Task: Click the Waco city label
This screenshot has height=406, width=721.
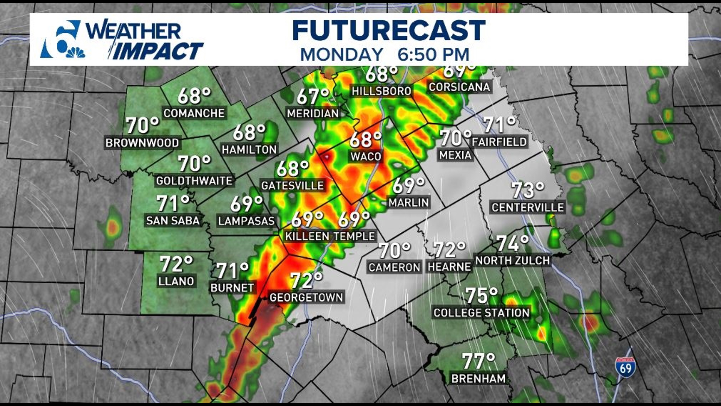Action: [x=366, y=156]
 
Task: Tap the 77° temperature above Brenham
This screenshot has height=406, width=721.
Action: [x=478, y=361]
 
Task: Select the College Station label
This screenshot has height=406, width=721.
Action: [x=481, y=313]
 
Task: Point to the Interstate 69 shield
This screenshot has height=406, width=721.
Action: [x=625, y=367]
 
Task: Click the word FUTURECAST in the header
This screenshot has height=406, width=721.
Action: [x=389, y=30]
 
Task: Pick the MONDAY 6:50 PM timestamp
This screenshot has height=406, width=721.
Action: [x=385, y=55]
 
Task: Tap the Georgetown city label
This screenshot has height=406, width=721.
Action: [x=306, y=297]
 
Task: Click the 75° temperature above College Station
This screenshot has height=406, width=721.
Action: [x=481, y=296]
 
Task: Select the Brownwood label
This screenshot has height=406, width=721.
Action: [x=142, y=143]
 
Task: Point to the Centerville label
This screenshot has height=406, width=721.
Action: [x=528, y=208]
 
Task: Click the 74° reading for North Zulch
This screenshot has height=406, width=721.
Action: [x=512, y=243]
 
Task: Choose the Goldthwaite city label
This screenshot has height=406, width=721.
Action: [x=194, y=181]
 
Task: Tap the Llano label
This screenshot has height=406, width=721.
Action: [x=176, y=281]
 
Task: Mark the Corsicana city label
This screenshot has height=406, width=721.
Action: [x=459, y=87]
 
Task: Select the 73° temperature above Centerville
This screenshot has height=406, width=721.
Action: [x=528, y=190]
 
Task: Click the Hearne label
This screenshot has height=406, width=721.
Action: [x=449, y=267]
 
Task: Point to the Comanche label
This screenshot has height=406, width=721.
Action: [x=194, y=113]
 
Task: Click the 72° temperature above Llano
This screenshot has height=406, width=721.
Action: [x=176, y=264]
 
